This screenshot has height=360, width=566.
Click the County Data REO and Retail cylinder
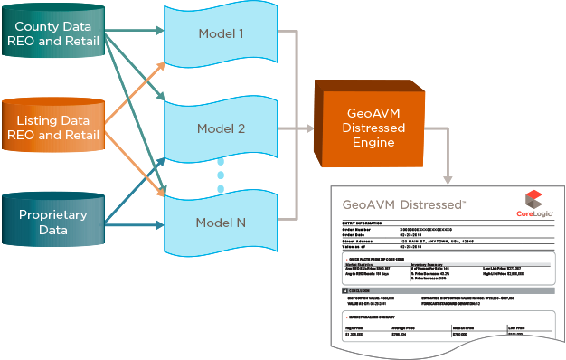[52, 33]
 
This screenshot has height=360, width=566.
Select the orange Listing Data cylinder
[52, 128]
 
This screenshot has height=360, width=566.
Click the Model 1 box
[222, 35]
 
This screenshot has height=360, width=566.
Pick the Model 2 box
[222, 128]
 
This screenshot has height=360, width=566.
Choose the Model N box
[222, 222]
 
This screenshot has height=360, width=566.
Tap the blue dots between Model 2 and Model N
[221, 176]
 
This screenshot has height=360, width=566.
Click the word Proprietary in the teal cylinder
[53, 215]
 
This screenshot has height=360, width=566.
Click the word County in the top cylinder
[37, 27]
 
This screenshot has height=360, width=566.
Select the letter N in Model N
[241, 223]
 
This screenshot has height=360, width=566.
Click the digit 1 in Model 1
[241, 35]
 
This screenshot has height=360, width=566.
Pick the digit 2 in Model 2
[241, 128]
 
